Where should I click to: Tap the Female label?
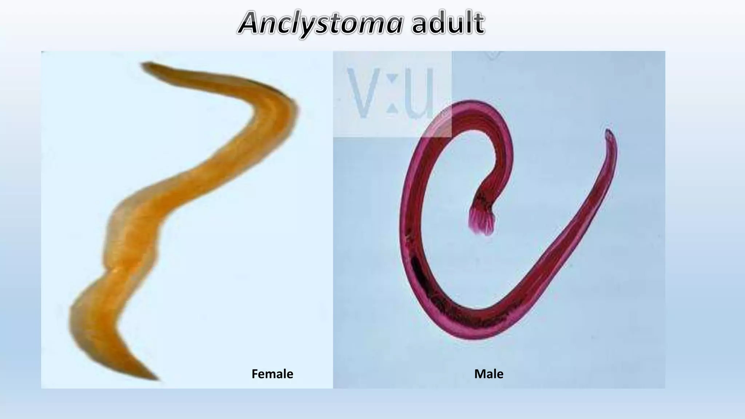coord(272,374)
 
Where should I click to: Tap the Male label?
coord(489,374)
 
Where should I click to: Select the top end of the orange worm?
coord(146,66)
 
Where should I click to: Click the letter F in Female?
coord(255,374)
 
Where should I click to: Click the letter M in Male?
coord(479,374)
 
